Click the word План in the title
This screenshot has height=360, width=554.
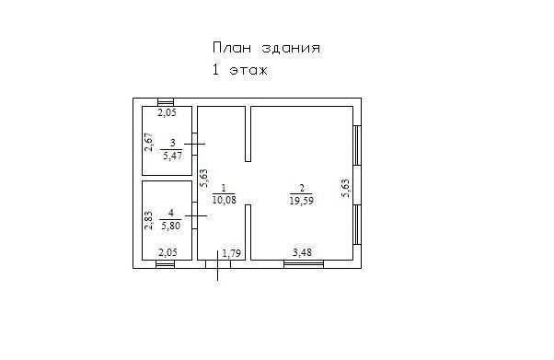(x=232, y=48)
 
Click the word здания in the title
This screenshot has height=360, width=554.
(x=291, y=48)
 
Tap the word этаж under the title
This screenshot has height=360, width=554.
(x=248, y=70)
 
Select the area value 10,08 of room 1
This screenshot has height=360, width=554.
(x=224, y=200)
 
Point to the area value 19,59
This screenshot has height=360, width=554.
(x=302, y=201)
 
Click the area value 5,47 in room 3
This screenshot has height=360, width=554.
(x=172, y=156)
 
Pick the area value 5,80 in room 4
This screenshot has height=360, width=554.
(x=170, y=226)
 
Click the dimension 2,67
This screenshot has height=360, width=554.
(x=149, y=142)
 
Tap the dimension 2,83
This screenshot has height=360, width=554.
(x=149, y=221)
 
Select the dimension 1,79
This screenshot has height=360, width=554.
(x=231, y=253)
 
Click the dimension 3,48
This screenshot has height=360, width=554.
(x=302, y=252)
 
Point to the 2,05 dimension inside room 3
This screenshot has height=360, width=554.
(x=167, y=113)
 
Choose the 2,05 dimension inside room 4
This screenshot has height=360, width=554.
(x=167, y=253)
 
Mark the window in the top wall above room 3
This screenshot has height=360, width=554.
(x=166, y=102)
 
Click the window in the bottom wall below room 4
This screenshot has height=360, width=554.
(x=166, y=264)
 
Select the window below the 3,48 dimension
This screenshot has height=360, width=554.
(x=304, y=264)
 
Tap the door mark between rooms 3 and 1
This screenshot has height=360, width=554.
(x=195, y=144)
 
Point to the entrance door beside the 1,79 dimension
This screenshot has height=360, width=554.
(x=217, y=265)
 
